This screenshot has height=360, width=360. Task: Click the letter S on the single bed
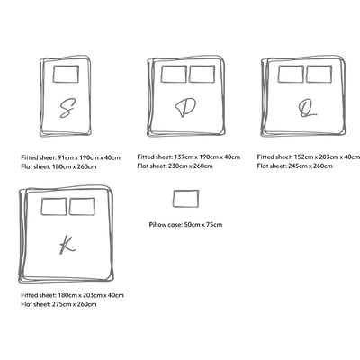point(66,110)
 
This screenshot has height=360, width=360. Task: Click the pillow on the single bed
point(66,74)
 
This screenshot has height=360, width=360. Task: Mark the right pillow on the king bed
point(82,206)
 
